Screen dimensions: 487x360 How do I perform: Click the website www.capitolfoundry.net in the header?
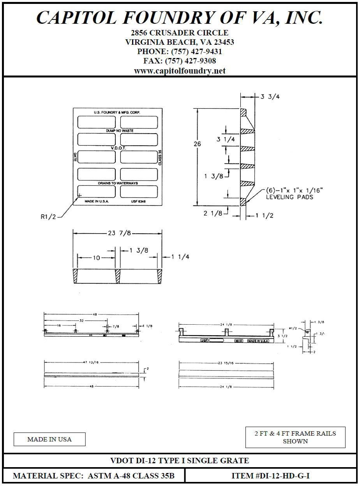(x=180, y=71)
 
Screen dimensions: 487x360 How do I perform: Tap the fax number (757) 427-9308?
(x=180, y=61)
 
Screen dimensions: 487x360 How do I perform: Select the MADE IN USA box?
(x=49, y=440)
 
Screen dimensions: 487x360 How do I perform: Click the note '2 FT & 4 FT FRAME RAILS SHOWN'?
(x=295, y=437)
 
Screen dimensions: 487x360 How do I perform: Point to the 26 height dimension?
(x=198, y=144)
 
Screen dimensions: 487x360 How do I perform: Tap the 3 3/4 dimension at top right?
(x=270, y=97)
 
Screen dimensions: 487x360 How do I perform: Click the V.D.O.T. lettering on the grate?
(x=118, y=148)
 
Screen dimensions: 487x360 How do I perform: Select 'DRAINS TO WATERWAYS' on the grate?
(x=118, y=183)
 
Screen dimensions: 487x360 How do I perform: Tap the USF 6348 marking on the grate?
(x=139, y=202)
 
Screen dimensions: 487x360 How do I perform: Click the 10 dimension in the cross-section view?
(x=96, y=258)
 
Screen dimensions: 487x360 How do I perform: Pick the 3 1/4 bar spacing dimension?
(x=226, y=139)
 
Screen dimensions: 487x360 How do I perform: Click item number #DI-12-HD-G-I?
(x=271, y=476)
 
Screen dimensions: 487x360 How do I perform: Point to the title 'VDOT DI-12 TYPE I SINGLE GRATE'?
(x=180, y=461)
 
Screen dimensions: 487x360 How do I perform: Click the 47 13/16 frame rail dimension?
(x=91, y=362)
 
